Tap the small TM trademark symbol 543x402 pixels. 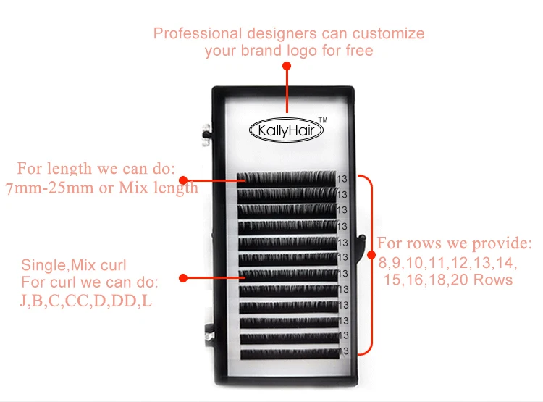[323, 120]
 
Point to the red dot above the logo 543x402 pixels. [287, 65]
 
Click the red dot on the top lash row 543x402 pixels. [183, 179]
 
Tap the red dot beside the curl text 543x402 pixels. [183, 277]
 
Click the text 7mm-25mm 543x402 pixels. [41, 188]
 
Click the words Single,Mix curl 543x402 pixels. [73, 264]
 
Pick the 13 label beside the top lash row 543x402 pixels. [342, 179]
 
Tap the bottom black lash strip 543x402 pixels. [287, 352]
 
